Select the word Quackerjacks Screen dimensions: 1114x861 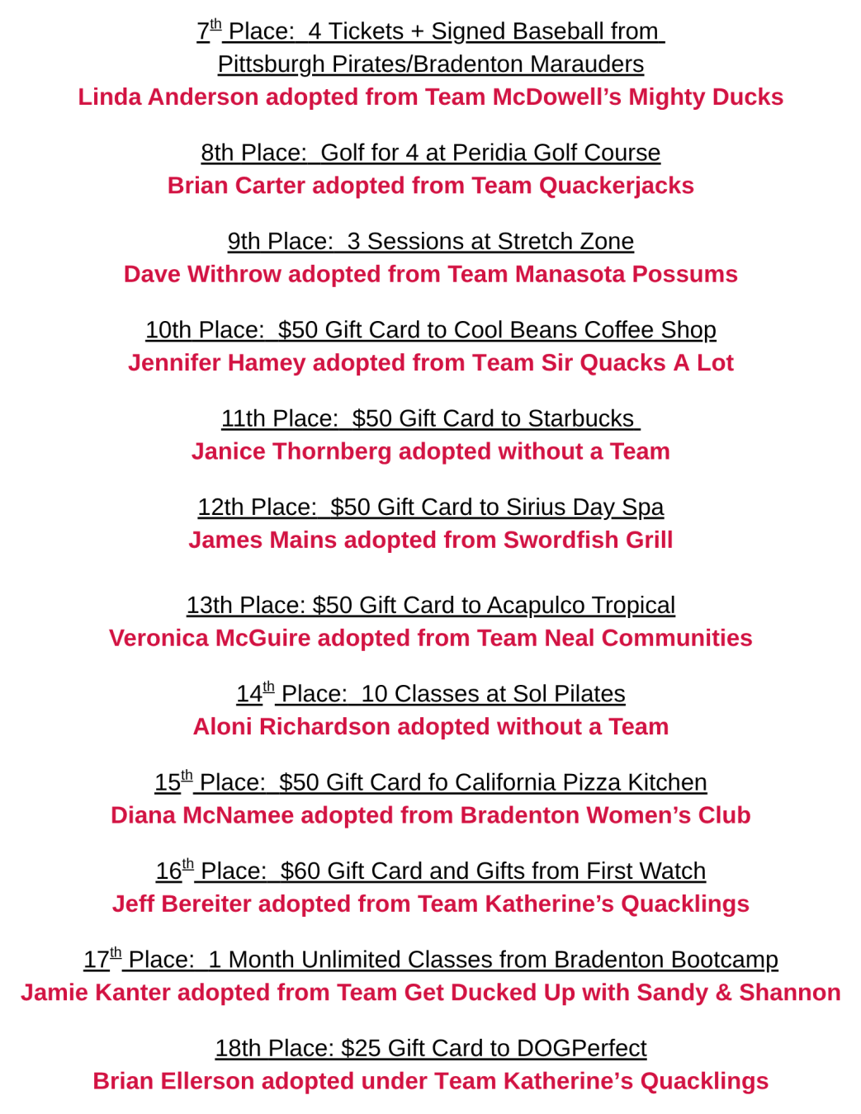pos(616,186)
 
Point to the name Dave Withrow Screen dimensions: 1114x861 pos(202,274)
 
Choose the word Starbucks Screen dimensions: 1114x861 pos(580,418)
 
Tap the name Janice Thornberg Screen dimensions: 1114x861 pos(291,451)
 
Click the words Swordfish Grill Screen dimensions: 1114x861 pos(588,540)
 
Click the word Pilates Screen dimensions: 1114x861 pos(589,694)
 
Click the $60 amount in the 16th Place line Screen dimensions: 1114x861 pos(300,871)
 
